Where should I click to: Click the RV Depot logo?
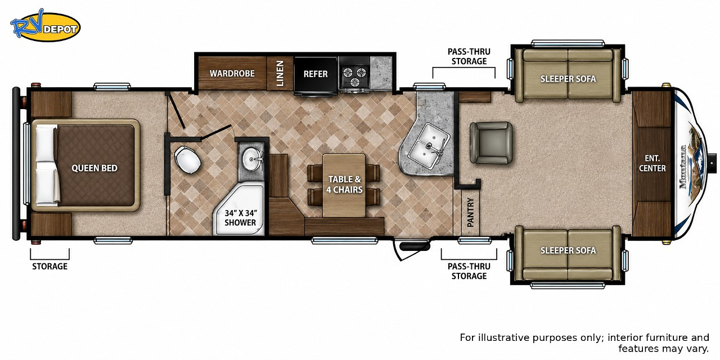click(x=45, y=26)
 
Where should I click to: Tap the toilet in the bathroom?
click(x=188, y=159)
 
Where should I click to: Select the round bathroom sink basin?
click(x=253, y=159)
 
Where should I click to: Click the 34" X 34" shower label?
click(x=240, y=218)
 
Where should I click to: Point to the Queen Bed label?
click(x=94, y=168)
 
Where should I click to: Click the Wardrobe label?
click(x=232, y=74)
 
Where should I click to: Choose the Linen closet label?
click(x=280, y=73)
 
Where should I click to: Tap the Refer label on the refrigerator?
click(x=316, y=74)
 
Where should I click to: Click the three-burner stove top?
click(x=354, y=74)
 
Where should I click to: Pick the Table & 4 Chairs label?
click(x=344, y=184)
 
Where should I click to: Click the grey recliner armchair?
click(x=491, y=143)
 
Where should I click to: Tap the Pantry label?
click(x=470, y=213)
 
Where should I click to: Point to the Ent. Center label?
click(x=652, y=163)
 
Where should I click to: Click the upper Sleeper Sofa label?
click(x=568, y=79)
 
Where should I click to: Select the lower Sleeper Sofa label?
click(x=568, y=250)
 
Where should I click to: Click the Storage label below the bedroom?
click(x=50, y=267)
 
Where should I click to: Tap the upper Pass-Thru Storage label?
click(x=469, y=57)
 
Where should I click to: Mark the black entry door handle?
click(x=415, y=246)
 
